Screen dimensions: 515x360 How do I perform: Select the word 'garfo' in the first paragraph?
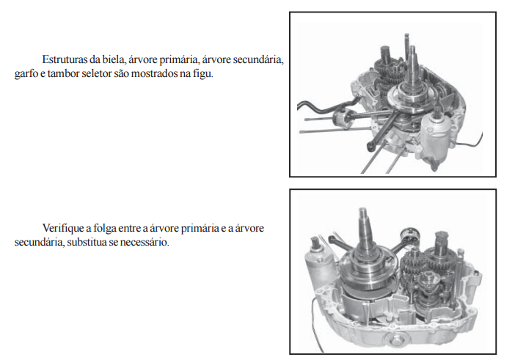tap(26, 73)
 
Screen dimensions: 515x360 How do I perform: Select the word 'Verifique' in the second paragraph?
tap(62, 228)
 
